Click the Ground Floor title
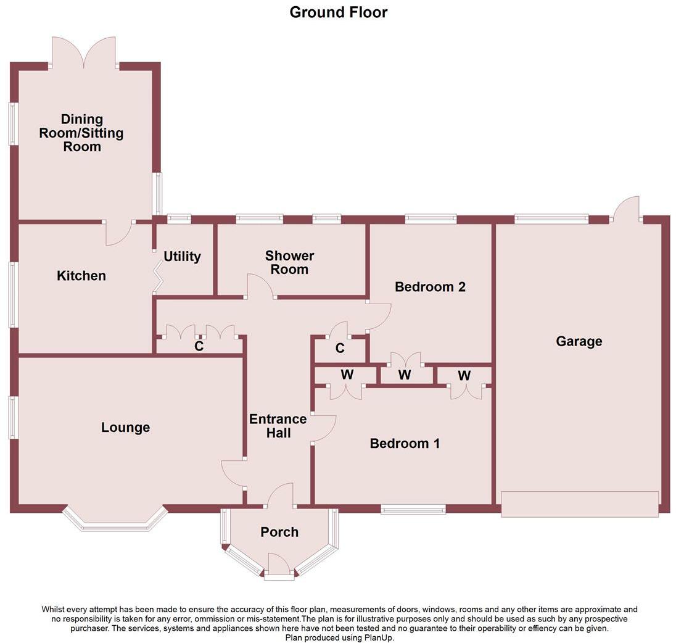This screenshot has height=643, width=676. click(x=339, y=12)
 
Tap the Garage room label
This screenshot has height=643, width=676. click(x=579, y=341)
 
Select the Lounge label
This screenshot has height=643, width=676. click(x=125, y=428)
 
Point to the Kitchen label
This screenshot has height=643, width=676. click(x=81, y=276)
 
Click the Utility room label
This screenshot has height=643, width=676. click(x=183, y=257)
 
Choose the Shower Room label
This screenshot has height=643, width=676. click(x=289, y=262)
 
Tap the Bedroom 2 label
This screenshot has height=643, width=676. click(x=431, y=287)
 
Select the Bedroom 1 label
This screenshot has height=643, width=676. click(x=405, y=443)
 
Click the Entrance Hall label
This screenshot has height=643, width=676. click(x=278, y=426)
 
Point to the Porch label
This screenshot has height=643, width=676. click(x=279, y=532)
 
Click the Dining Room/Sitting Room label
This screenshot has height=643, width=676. click(x=81, y=133)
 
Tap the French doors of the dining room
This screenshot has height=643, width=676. click(x=84, y=52)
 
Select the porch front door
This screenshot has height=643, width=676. click(x=279, y=564)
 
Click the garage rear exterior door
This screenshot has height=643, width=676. click(x=626, y=209)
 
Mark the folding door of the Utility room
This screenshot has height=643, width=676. click(x=158, y=279)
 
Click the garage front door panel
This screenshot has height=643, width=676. click(x=580, y=504)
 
